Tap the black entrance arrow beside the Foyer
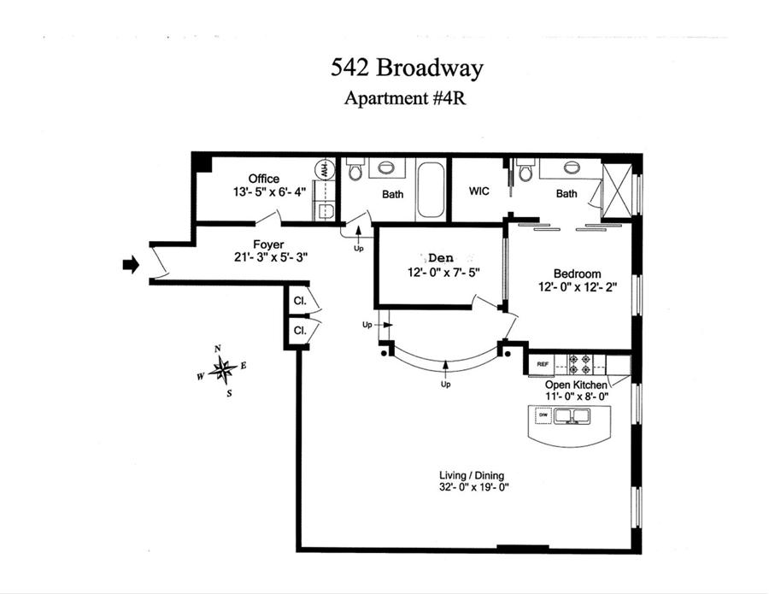click(x=131, y=265)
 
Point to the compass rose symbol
click(x=223, y=369)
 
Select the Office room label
click(x=264, y=179)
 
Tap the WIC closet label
click(x=478, y=191)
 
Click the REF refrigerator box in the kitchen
click(x=542, y=365)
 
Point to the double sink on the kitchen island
click(x=572, y=417)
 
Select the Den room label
click(x=441, y=257)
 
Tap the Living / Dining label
click(x=466, y=475)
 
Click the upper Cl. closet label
click(x=300, y=301)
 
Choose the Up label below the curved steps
click(x=446, y=384)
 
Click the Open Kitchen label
click(x=577, y=385)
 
